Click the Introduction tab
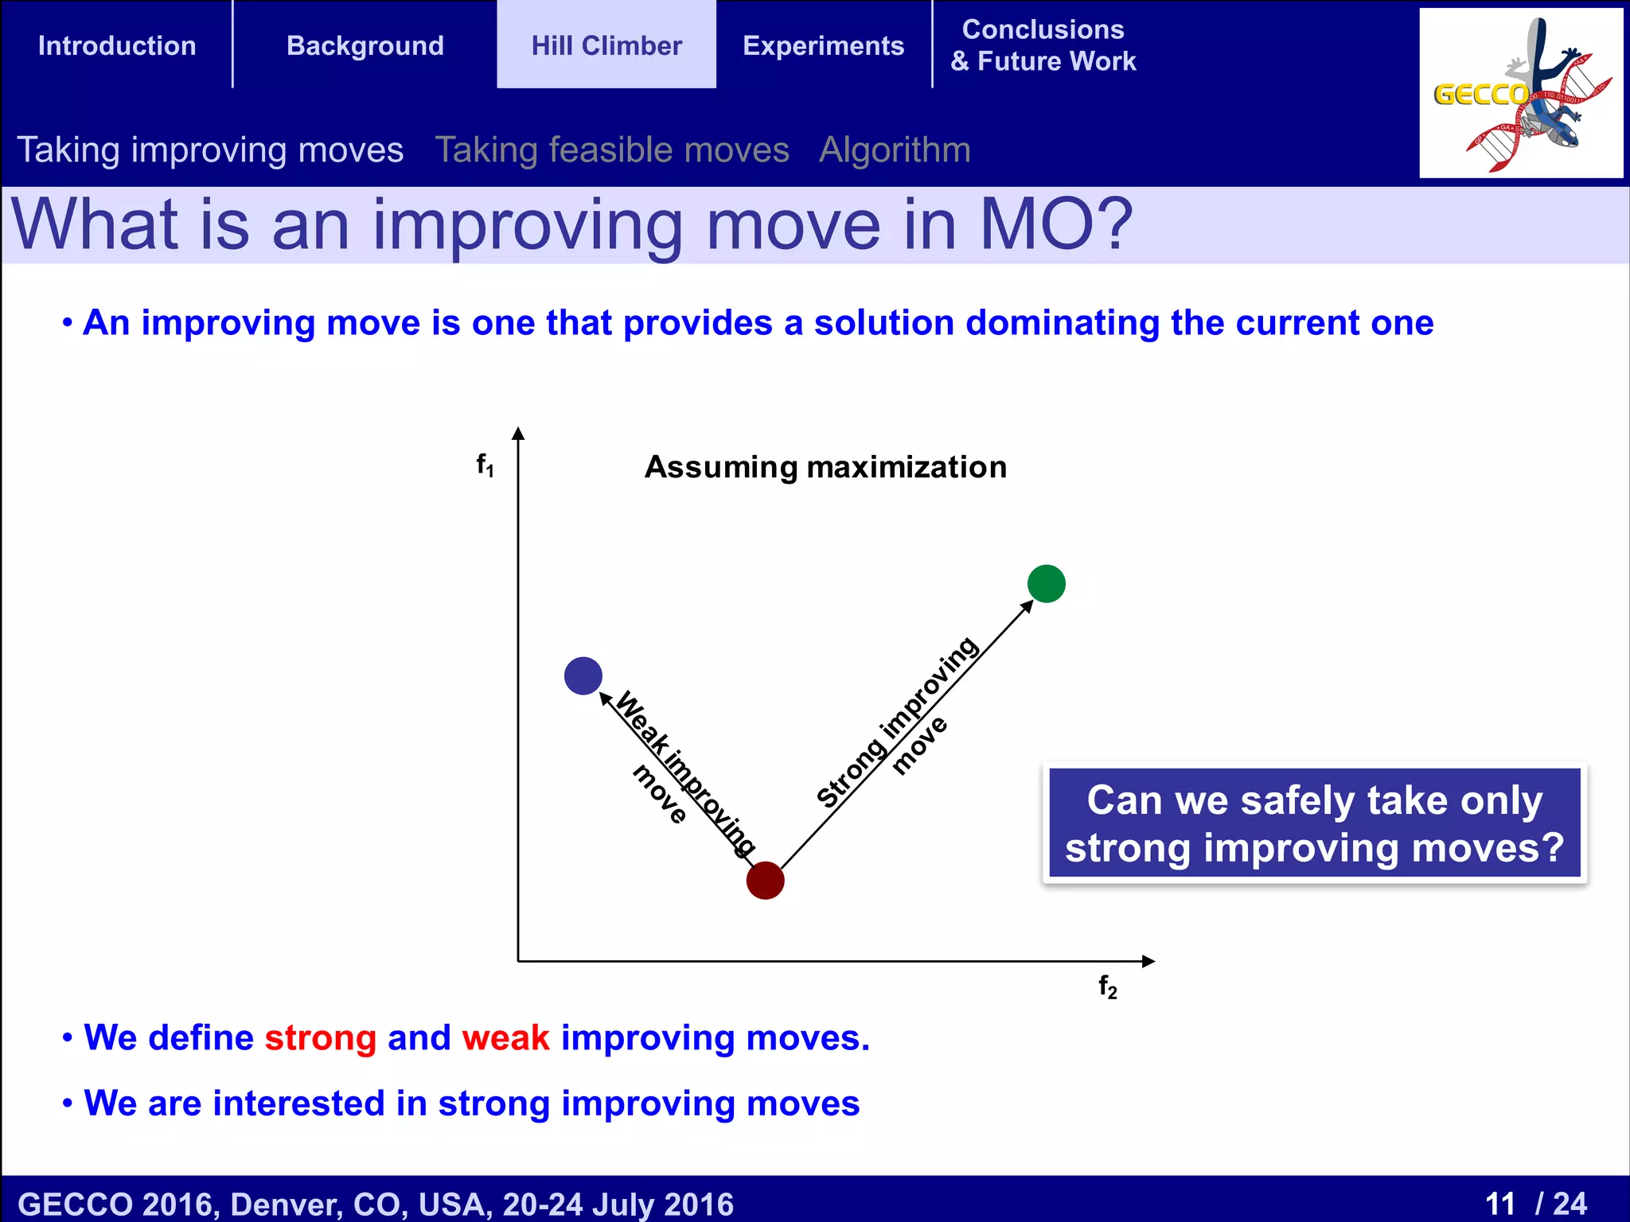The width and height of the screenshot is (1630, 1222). (x=117, y=45)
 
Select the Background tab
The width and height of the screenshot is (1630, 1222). (x=365, y=45)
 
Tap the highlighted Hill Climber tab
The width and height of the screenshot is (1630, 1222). (x=606, y=45)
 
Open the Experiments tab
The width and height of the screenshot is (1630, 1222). (x=823, y=45)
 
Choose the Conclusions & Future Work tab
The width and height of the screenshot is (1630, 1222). (x=1043, y=45)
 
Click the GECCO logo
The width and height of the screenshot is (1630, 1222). (x=1520, y=93)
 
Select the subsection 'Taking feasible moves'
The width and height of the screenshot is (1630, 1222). (x=611, y=150)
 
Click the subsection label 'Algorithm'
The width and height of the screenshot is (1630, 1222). (x=895, y=150)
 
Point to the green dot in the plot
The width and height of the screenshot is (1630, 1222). (x=1046, y=584)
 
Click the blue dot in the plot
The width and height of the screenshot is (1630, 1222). (x=583, y=675)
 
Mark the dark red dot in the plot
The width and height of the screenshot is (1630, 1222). (x=765, y=881)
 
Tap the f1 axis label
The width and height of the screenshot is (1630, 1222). (x=485, y=464)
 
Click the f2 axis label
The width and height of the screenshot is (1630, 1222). (x=1107, y=987)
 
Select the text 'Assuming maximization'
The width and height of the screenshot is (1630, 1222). (x=825, y=467)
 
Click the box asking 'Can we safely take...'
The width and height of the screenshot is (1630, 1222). (x=1314, y=823)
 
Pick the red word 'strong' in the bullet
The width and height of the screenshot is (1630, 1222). (x=320, y=1037)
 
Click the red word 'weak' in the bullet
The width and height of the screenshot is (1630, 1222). (x=505, y=1037)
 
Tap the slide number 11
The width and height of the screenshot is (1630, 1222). (x=1499, y=1203)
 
